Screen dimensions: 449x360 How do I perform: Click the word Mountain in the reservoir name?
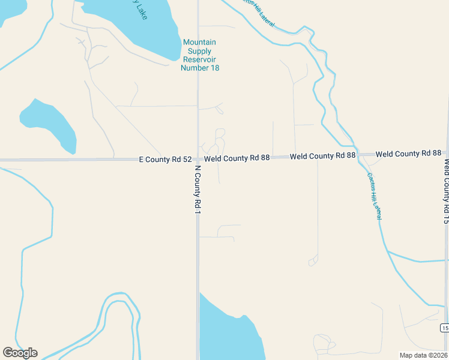pos(199,43)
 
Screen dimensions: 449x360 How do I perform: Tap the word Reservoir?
pos(199,59)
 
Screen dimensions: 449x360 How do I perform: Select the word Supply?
pos(199,51)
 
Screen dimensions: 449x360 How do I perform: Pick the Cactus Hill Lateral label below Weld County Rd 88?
pos(374,196)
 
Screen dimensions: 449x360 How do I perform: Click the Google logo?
pos(20,353)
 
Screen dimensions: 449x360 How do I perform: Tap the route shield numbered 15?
pos(444,328)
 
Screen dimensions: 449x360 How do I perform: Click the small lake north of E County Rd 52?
pos(49,125)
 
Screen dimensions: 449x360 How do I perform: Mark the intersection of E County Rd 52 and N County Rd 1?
pos(197,160)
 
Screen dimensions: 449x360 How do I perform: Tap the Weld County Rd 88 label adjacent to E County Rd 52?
pos(237,158)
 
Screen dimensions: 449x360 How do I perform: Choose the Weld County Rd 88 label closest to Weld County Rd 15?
pos(409,154)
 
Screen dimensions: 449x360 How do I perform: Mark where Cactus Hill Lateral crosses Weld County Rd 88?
pos(358,154)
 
